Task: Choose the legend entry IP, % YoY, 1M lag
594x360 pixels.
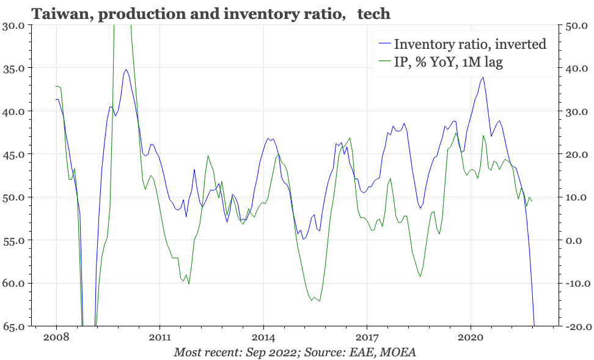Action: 449,62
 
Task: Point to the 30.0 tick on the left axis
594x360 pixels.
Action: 13,26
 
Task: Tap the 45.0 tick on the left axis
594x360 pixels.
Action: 13,154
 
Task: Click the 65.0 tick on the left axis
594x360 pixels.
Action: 13,326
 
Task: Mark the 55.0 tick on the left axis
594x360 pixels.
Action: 13,240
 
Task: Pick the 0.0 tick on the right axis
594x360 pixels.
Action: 577,240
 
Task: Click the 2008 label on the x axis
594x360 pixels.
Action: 56,337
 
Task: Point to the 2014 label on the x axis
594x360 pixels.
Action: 263,337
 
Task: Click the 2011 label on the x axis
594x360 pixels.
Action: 159,337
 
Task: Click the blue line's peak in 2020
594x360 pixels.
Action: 483,78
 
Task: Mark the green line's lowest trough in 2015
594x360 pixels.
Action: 320,301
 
